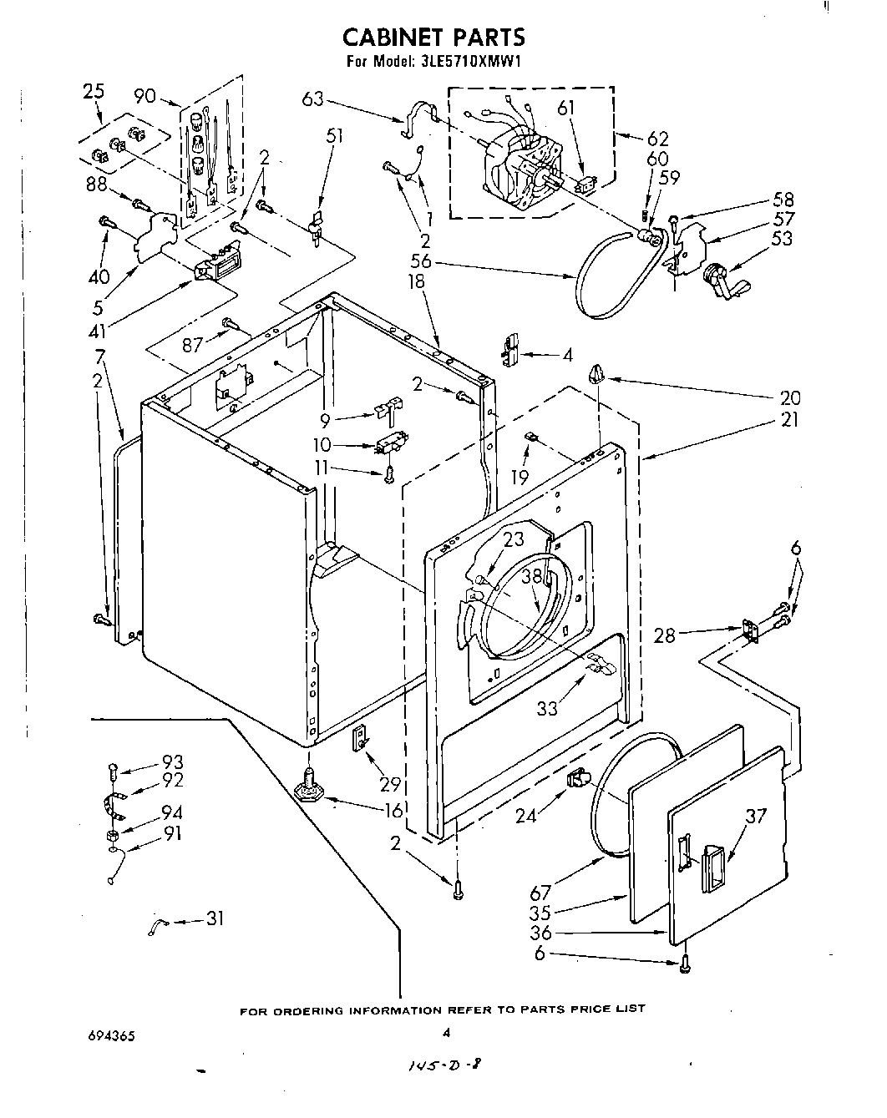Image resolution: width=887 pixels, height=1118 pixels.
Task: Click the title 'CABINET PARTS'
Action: pos(434,37)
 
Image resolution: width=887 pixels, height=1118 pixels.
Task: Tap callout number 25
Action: pos(94,91)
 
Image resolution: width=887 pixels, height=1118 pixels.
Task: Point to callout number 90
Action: pos(144,96)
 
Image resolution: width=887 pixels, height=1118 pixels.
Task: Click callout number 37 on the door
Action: pos(754,815)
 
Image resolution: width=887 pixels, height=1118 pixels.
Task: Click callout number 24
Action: pos(525,814)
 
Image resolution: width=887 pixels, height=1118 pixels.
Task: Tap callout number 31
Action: pos(215,919)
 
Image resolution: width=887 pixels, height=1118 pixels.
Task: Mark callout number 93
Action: pos(173,762)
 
